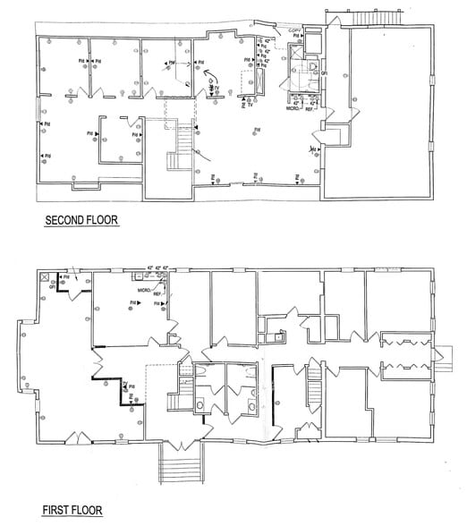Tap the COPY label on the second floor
coord(296,30)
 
